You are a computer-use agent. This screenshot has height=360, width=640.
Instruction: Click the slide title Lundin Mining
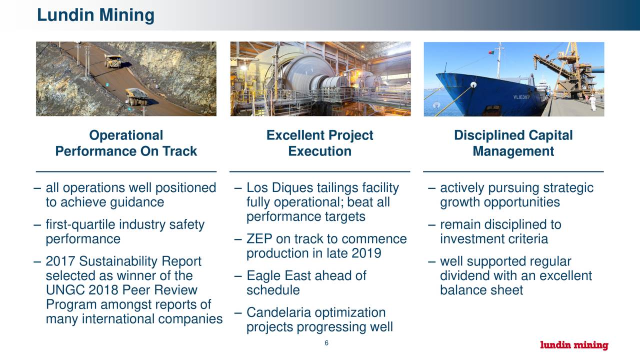[x=95, y=15]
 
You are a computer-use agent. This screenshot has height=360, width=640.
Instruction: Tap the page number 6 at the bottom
[x=326, y=343]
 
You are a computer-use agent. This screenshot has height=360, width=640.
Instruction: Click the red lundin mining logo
[x=574, y=345]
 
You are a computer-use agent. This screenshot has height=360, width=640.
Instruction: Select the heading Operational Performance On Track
[x=126, y=143]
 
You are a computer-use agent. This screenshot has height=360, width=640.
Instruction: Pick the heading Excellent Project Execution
[x=319, y=143]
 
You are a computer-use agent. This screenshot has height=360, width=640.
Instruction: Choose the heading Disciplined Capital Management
[x=513, y=143]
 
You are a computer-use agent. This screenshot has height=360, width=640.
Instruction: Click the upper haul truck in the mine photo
[x=112, y=60]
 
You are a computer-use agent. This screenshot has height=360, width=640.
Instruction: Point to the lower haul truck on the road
[x=136, y=96]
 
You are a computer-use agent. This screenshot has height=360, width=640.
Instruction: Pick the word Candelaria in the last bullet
[x=278, y=313]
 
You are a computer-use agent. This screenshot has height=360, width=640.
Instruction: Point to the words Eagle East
[x=280, y=276]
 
